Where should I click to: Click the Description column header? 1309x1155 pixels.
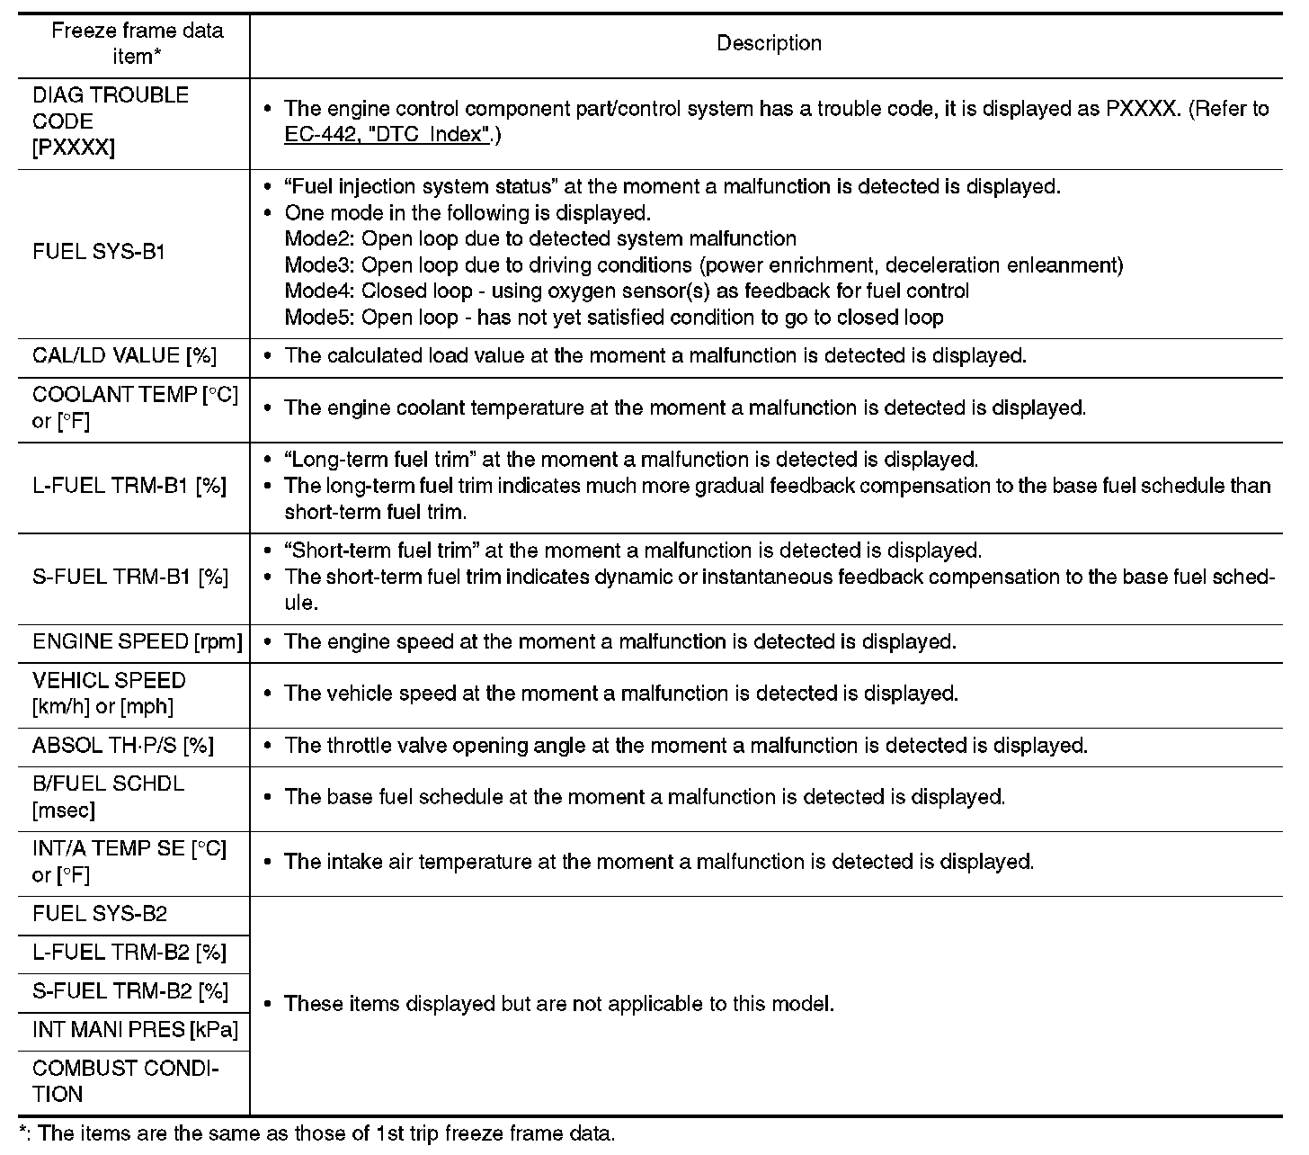tap(769, 43)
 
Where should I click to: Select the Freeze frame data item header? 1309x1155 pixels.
tap(137, 43)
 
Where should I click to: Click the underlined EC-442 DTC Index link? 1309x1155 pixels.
tap(387, 135)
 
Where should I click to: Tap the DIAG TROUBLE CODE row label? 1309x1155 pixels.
tap(111, 121)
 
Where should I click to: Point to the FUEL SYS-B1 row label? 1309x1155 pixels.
tap(99, 252)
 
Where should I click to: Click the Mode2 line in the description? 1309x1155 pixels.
tap(540, 239)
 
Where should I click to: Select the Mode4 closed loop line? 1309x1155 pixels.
tap(627, 291)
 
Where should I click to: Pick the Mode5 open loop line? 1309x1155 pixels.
tap(614, 318)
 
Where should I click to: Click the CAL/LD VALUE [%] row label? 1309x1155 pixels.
tap(124, 356)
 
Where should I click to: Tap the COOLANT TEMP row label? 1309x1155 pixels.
tap(135, 407)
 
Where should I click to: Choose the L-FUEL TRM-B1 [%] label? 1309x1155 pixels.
tap(129, 486)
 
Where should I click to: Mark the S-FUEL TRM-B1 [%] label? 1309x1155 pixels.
tap(130, 577)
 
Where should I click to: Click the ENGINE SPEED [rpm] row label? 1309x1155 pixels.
tap(138, 642)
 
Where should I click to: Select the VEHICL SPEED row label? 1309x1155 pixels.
tap(109, 694)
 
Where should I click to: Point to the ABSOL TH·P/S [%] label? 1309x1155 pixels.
tap(123, 746)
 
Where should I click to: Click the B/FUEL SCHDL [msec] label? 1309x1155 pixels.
tap(108, 797)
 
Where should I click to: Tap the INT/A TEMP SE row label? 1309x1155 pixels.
tap(129, 862)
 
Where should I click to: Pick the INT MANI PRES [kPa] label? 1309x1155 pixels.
tap(135, 1030)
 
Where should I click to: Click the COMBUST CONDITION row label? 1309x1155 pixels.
tap(126, 1081)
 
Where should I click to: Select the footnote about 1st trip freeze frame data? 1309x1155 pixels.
tap(316, 1133)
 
